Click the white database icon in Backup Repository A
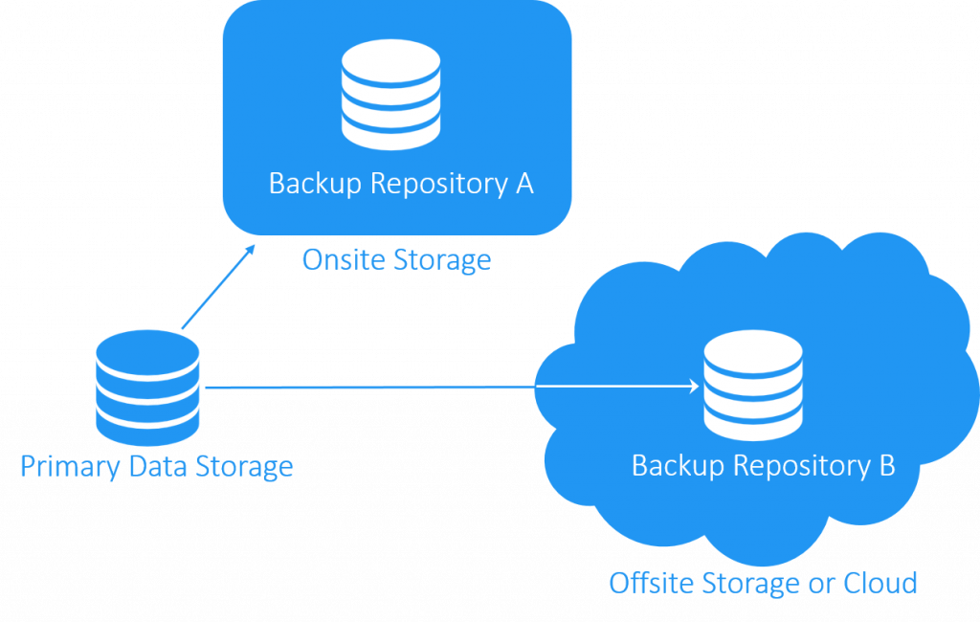pyautogui.click(x=390, y=93)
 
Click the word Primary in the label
pyautogui.click(x=66, y=468)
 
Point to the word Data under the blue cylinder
pyautogui.click(x=153, y=467)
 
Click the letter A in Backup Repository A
pyautogui.click(x=523, y=183)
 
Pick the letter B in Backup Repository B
pyautogui.click(x=885, y=466)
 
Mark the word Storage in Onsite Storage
pyautogui.click(x=444, y=260)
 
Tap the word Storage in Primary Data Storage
pyautogui.click(x=244, y=468)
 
